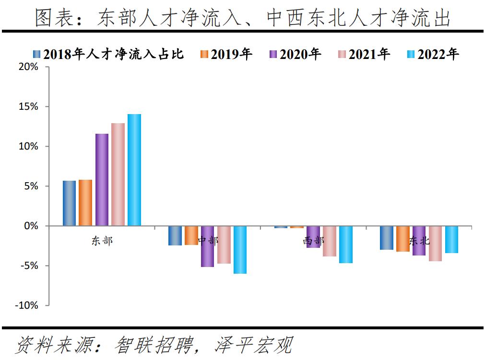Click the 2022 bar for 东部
pos(134,170)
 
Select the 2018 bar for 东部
pos(69,203)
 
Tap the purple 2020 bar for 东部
pos(102,179)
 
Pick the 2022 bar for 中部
pos(240,249)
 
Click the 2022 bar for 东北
pos(451,239)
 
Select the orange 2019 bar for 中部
pos(191,235)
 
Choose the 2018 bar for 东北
pos(387,237)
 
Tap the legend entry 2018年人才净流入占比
pos(108,54)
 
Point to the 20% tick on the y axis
pos(29,67)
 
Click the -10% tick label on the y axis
pos(27,305)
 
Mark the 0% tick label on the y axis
pos(31,226)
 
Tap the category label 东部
pos(102,241)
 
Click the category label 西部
pos(313,241)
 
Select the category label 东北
pos(419,241)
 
